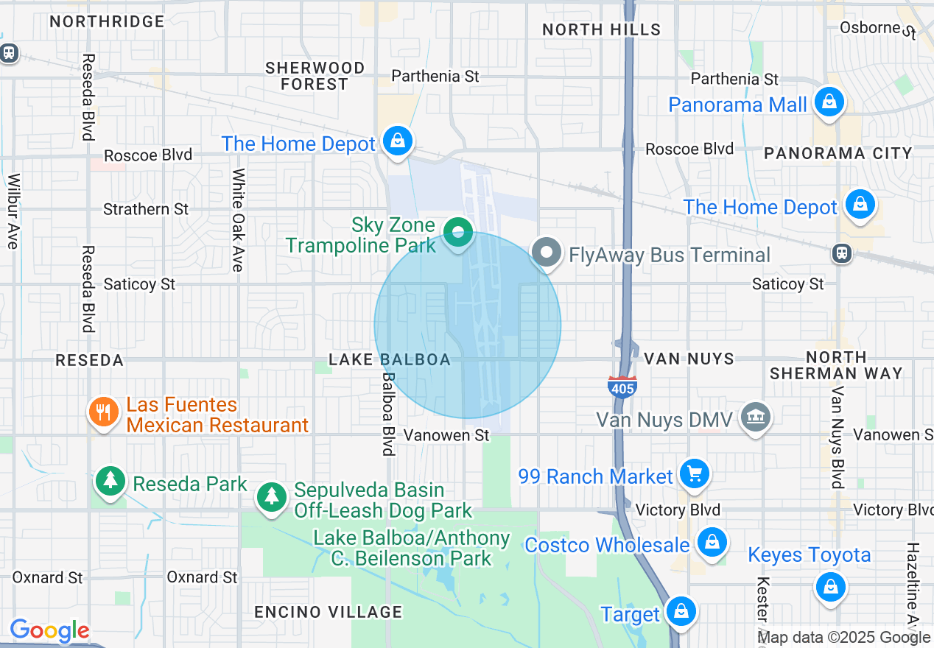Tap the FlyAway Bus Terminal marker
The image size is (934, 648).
[x=547, y=253]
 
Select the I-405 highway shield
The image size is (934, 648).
[x=622, y=387]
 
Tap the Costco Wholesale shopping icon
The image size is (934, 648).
[x=711, y=543]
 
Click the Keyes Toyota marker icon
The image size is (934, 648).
[x=830, y=587]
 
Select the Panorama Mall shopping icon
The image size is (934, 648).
[x=829, y=103]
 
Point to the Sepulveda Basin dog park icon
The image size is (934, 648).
[x=272, y=496]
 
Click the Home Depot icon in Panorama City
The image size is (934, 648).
[x=860, y=204]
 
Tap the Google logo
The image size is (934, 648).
[x=49, y=630]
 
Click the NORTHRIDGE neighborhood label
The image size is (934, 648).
[x=107, y=21]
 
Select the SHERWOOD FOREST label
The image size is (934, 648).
[x=315, y=76]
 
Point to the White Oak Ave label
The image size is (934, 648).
[x=238, y=219]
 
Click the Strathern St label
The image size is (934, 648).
[x=146, y=209]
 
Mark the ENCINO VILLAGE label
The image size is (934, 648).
[x=328, y=612]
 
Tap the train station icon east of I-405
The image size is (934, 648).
[x=841, y=253]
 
